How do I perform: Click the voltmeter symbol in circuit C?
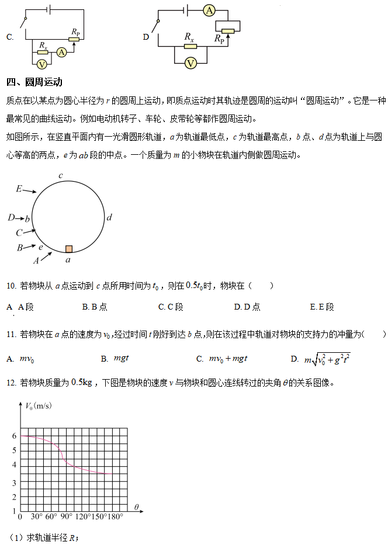coord(42,63)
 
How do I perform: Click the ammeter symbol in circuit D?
coord(210,11)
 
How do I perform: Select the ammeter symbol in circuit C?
coord(61,52)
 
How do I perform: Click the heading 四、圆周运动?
coord(34,82)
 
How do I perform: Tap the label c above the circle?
coord(60,175)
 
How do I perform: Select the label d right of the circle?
coord(109,217)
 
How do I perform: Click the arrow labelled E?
coord(29,190)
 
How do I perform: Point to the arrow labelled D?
coord(15,218)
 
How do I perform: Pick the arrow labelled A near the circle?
coord(46,256)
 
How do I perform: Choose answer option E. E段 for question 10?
coord(322,307)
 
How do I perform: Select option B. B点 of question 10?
coord(95,307)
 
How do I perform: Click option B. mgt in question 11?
coord(115,358)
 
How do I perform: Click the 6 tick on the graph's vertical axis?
coord(14,436)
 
